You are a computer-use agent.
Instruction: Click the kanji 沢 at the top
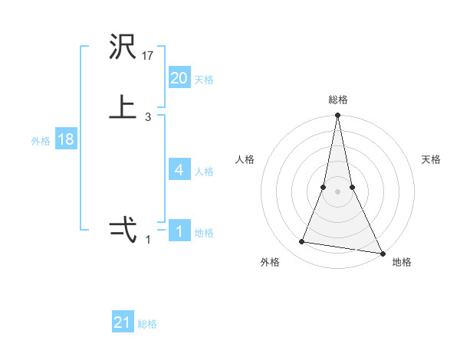tap(123, 47)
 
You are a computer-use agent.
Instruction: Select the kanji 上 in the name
tap(123, 107)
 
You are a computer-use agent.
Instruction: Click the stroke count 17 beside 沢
tap(148, 55)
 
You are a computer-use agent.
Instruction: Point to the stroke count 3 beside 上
tap(148, 116)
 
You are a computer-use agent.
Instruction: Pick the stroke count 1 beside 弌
tap(148, 239)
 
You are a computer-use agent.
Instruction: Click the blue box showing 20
tap(179, 77)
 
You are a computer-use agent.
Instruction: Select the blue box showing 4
tap(179, 169)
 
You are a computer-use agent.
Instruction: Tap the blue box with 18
tap(65, 139)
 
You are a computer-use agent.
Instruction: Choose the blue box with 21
tap(122, 322)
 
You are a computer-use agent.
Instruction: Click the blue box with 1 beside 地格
tap(179, 231)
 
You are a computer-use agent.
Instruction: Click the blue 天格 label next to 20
tap(204, 80)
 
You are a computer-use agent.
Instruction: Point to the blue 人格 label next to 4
tap(204, 172)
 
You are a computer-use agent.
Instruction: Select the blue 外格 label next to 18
tap(41, 141)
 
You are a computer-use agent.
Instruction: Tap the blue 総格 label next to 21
tap(147, 324)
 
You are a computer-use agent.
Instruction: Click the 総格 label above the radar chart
tap(337, 100)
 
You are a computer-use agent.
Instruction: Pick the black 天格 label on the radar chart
tap(432, 159)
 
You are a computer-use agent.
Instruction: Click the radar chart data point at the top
tap(337, 116)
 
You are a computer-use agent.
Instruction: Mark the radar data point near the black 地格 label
tap(382, 253)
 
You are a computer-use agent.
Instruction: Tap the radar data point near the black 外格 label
tap(302, 242)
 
